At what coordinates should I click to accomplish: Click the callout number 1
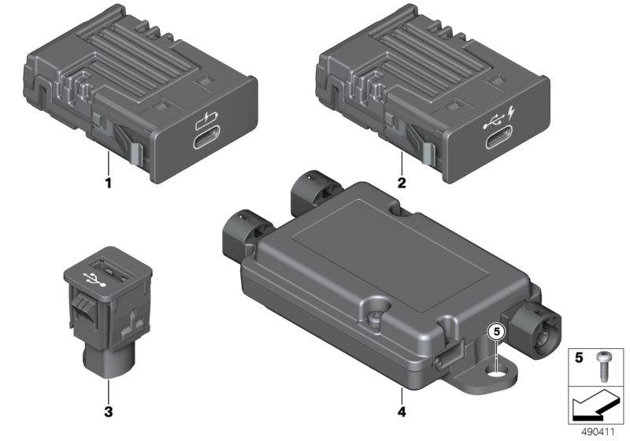click(x=108, y=183)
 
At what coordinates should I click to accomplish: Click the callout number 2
click(x=402, y=183)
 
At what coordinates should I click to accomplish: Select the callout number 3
click(x=109, y=412)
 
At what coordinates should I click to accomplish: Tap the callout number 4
click(x=402, y=412)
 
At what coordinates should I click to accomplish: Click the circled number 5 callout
click(x=497, y=332)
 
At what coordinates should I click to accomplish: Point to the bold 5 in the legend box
click(x=579, y=358)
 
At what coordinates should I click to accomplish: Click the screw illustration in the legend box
click(x=602, y=365)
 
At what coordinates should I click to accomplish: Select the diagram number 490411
click(x=598, y=432)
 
